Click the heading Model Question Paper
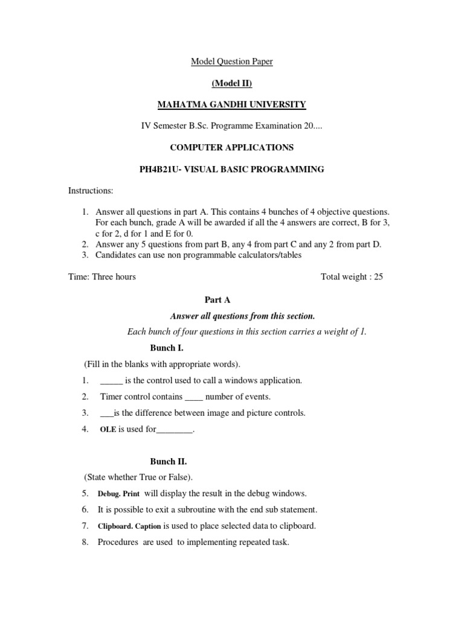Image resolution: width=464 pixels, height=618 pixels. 231,62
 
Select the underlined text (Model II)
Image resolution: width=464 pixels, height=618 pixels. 231,83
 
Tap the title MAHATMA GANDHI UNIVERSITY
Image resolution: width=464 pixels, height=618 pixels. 231,105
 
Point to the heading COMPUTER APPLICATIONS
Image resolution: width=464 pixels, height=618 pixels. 231,148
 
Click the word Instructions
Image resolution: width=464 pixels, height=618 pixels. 91,191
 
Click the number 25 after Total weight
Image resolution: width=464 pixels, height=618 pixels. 378,277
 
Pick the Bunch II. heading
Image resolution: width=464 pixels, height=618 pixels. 169,462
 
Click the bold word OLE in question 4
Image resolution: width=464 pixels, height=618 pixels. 108,430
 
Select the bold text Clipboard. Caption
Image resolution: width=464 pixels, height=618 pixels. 130,526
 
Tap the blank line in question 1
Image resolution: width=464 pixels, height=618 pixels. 111,381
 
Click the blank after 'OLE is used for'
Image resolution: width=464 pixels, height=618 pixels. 175,430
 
